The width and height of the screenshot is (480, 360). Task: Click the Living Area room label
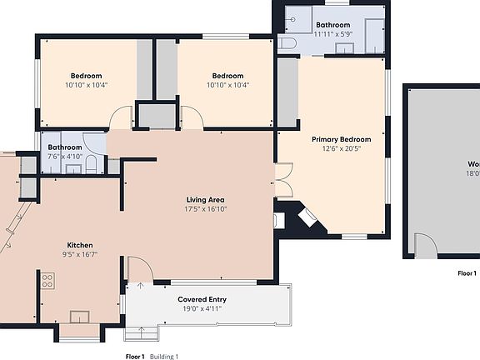click(x=205, y=200)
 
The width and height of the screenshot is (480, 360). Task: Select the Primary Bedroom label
click(x=341, y=139)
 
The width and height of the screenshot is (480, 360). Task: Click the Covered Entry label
click(x=202, y=299)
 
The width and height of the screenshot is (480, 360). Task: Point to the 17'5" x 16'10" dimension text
click(x=205, y=210)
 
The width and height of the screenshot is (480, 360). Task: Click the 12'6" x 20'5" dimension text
click(x=341, y=149)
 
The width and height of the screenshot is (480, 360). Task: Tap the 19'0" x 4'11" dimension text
click(x=202, y=308)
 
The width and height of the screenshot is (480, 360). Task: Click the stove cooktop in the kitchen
click(x=47, y=281)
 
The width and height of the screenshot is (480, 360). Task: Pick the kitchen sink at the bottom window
click(x=81, y=317)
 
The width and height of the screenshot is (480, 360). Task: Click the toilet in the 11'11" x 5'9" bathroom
click(x=286, y=44)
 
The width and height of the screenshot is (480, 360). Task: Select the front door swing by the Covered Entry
click(x=139, y=268)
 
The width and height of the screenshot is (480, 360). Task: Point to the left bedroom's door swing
click(x=122, y=119)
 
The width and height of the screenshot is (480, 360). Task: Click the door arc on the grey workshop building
click(x=425, y=246)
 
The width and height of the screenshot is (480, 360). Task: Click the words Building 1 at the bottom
click(x=165, y=356)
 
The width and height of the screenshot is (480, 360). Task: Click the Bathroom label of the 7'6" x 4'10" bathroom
click(x=65, y=147)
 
